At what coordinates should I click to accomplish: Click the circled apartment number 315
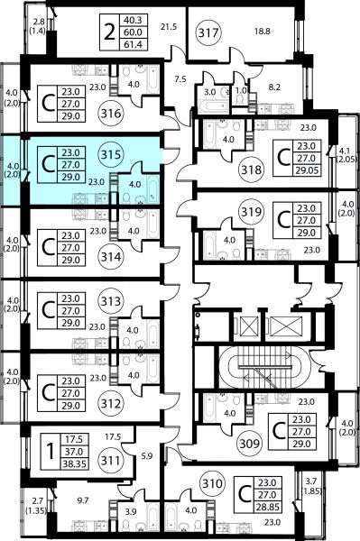pos(111,155)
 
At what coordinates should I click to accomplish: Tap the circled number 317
pos(209,32)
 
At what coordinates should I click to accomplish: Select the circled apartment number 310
pos(212,483)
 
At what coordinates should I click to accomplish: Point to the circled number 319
pos(251,212)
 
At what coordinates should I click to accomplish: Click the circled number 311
pos(111,461)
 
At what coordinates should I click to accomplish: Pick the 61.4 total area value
pos(134,44)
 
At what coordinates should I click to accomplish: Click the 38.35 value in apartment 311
pos(74,464)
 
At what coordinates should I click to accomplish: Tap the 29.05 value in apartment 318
pos(306,170)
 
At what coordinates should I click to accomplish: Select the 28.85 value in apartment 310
pos(267,507)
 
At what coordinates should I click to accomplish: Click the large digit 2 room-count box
pos(109,32)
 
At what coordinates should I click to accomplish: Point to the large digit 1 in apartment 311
pos(51,452)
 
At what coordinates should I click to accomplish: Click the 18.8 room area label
pos(263,32)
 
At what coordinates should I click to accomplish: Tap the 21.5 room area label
pos(169,26)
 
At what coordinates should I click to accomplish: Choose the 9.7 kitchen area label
pos(84,500)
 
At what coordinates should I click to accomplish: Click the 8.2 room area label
pos(274,87)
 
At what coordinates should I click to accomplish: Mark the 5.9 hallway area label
pos(147,455)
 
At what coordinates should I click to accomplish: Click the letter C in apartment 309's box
pos(278,431)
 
